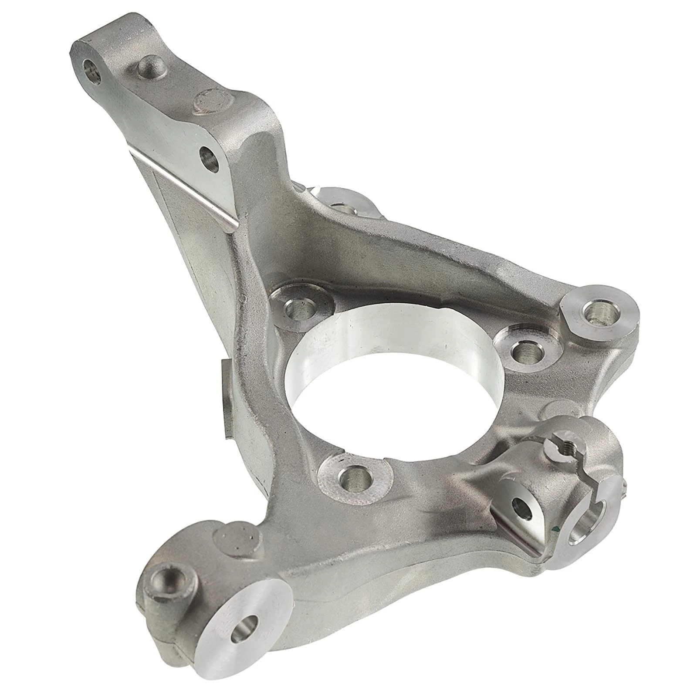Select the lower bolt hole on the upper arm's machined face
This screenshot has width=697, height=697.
(210, 160)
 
